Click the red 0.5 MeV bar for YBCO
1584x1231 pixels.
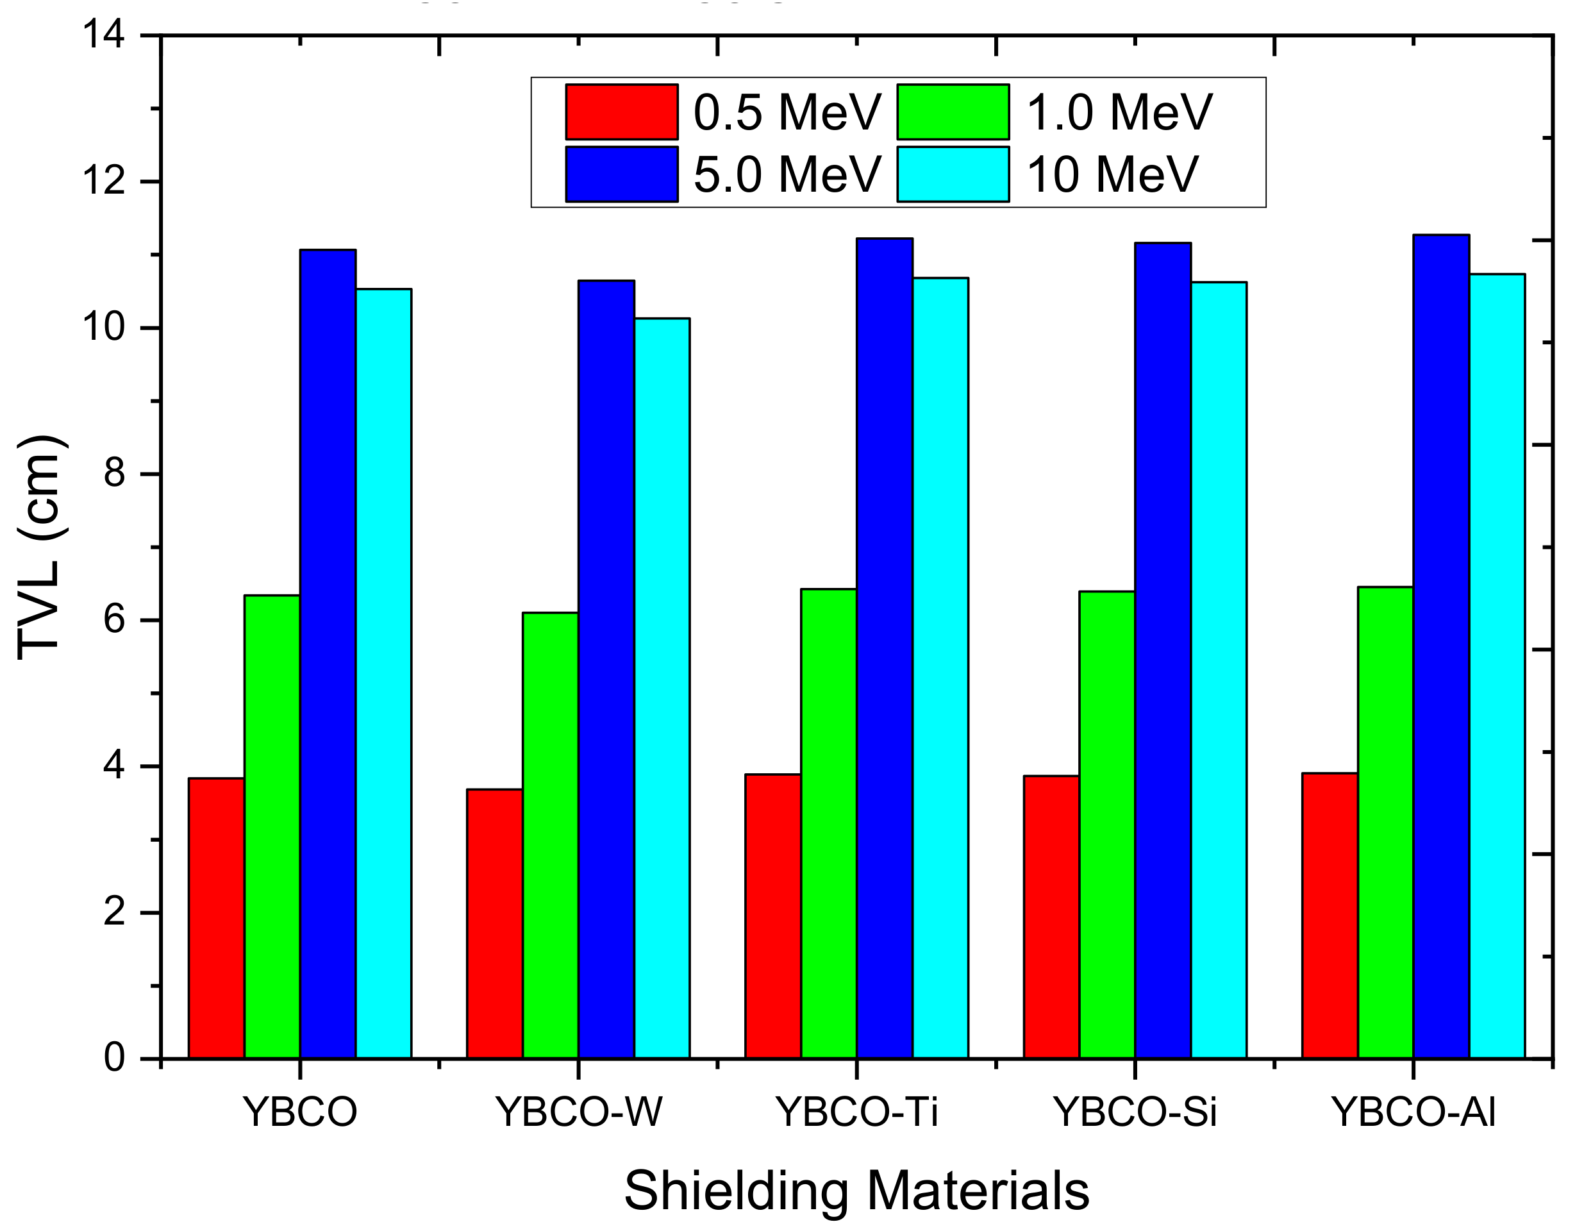[216, 917]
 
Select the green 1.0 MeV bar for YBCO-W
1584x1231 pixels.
[551, 834]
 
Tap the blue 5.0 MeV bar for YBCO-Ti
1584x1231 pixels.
[884, 648]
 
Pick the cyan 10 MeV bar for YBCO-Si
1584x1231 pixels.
[1219, 669]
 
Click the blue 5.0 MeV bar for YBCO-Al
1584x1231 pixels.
[1441, 646]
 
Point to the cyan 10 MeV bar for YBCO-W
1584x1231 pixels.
[662, 688]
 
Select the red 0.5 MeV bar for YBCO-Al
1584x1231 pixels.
[1330, 916]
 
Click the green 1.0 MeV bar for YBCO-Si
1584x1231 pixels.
[1107, 824]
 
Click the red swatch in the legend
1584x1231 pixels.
[622, 112]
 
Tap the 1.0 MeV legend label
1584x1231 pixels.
[1119, 112]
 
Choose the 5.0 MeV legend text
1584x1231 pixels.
[787, 175]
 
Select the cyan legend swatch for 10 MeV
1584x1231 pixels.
[953, 175]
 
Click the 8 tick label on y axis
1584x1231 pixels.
[115, 474]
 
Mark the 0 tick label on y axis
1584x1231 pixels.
[115, 1059]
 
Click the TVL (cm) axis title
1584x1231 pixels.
[40, 548]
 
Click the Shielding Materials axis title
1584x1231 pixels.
[856, 1191]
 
